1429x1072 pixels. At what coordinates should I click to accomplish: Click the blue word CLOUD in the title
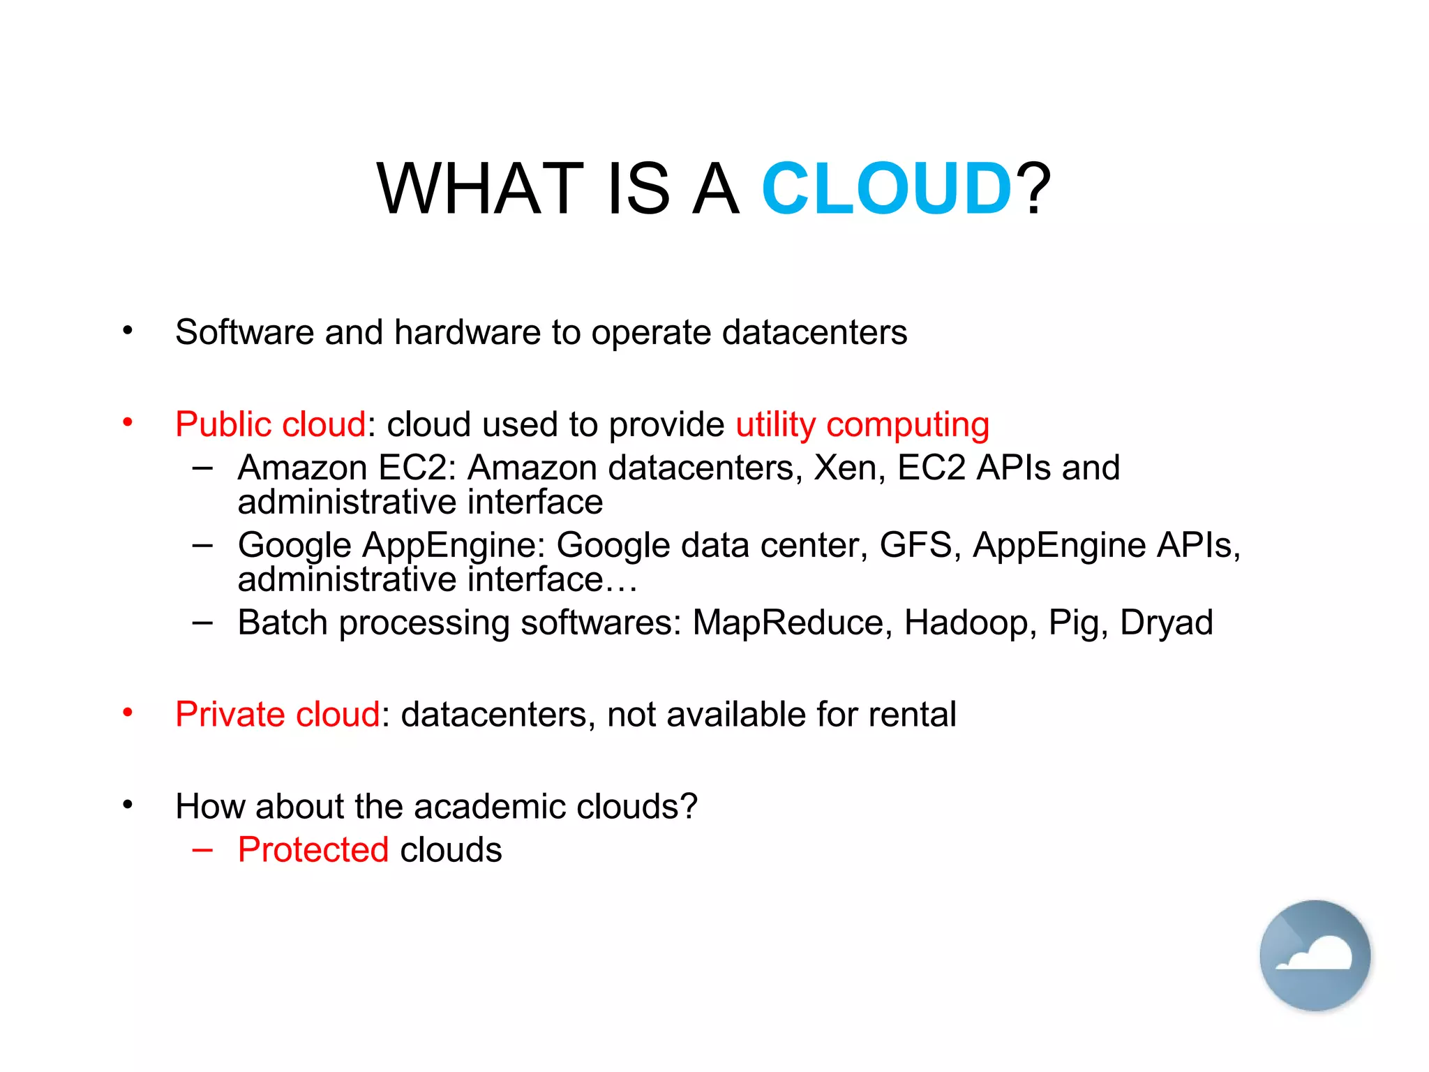886,188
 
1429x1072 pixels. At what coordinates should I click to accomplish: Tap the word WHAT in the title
480,188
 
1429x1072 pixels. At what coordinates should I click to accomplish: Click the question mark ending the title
1033,188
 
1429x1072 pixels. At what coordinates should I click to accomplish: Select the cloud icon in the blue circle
1315,955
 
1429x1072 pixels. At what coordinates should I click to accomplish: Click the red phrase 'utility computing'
862,424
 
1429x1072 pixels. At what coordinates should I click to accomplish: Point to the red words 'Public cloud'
271,424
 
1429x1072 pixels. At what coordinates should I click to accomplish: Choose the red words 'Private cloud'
278,715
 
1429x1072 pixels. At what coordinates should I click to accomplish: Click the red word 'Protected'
313,850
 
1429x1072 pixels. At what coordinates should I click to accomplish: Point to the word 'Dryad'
1167,623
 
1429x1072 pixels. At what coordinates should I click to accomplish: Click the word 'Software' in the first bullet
244,332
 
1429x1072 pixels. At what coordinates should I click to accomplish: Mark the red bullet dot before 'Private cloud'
128,713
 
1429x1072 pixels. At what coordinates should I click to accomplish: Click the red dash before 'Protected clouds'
202,850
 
